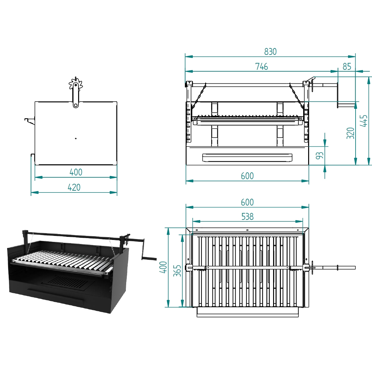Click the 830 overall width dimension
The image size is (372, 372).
click(270, 51)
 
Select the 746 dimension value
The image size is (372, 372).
click(261, 66)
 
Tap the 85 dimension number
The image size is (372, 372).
click(347, 66)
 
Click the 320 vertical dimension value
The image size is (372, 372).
click(350, 133)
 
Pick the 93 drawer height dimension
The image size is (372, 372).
click(320, 155)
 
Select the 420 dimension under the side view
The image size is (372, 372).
click(74, 187)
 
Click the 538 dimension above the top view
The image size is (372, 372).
click(247, 216)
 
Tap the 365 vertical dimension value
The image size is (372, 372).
click(177, 271)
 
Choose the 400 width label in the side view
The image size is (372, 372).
click(76, 172)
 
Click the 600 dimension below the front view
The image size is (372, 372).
click(247, 176)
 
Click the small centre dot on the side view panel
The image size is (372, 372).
click(76, 138)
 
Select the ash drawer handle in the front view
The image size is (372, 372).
click(247, 157)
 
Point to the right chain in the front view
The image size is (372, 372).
click(296, 96)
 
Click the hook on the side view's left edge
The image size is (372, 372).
click(29, 120)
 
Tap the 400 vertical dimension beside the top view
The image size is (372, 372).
click(163, 267)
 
